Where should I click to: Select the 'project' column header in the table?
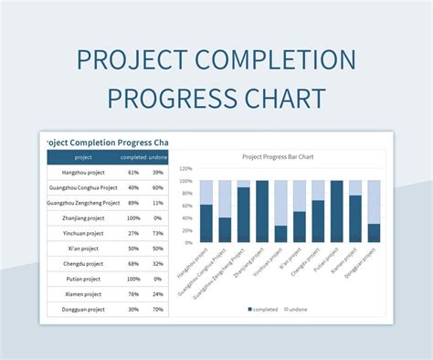83,157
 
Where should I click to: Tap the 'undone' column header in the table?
156,157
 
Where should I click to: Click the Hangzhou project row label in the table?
83,172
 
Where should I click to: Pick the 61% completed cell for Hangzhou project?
133,172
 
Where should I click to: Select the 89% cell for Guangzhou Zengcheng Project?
133,203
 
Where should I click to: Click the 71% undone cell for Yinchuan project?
157,233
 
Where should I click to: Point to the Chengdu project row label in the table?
83,264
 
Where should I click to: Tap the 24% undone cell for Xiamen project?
157,294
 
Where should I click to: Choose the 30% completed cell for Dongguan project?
133,309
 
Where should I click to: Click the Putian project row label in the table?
83,279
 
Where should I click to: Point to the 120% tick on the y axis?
185,169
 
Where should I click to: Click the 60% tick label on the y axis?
185,206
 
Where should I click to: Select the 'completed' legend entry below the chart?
265,310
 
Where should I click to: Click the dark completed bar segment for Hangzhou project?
206,224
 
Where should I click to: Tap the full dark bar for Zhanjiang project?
262,212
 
